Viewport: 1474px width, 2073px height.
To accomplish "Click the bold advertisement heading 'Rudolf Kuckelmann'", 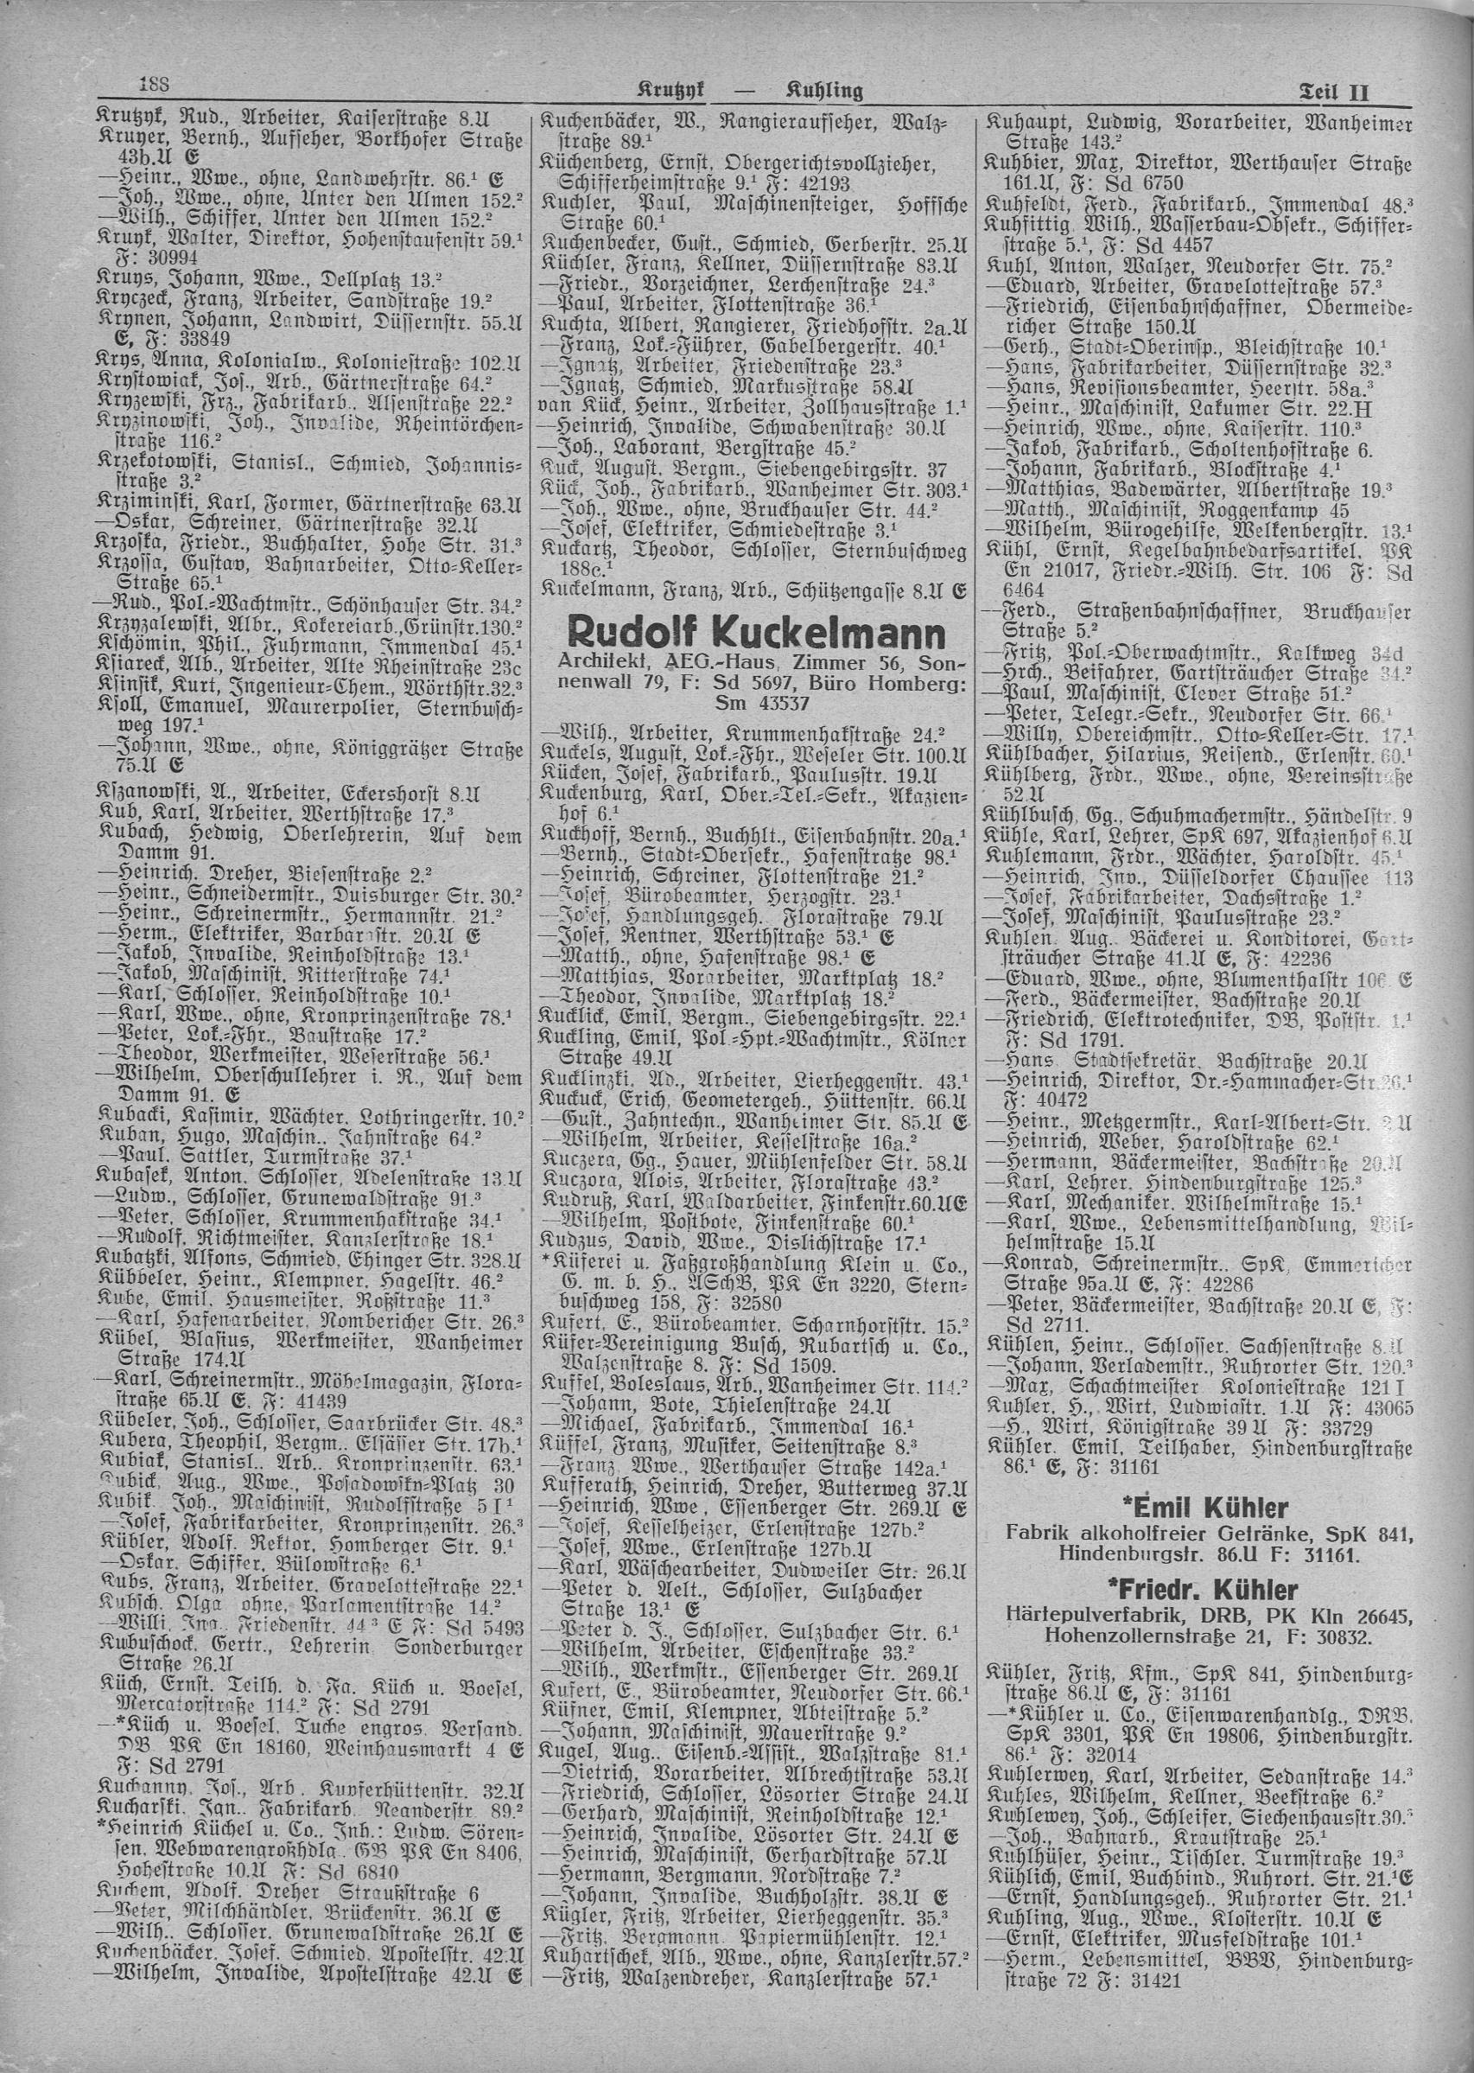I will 754,634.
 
